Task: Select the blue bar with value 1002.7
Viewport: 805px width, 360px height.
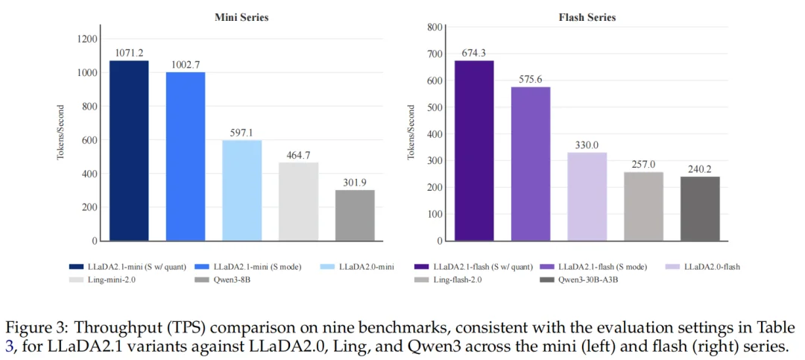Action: [x=186, y=157]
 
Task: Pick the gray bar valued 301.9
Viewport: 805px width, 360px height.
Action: [x=355, y=215]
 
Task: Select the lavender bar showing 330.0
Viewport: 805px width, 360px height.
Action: [x=587, y=197]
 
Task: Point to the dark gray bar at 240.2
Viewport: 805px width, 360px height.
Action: [x=700, y=209]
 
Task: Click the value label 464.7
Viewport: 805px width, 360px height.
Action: [x=298, y=155]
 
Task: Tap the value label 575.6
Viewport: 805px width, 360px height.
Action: [x=531, y=78]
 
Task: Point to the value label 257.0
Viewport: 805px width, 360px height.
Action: [x=643, y=164]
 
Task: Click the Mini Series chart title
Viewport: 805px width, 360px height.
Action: [x=242, y=17]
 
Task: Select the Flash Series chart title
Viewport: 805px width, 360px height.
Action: [x=587, y=17]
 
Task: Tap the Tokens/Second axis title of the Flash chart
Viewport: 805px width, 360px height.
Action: [x=411, y=133]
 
